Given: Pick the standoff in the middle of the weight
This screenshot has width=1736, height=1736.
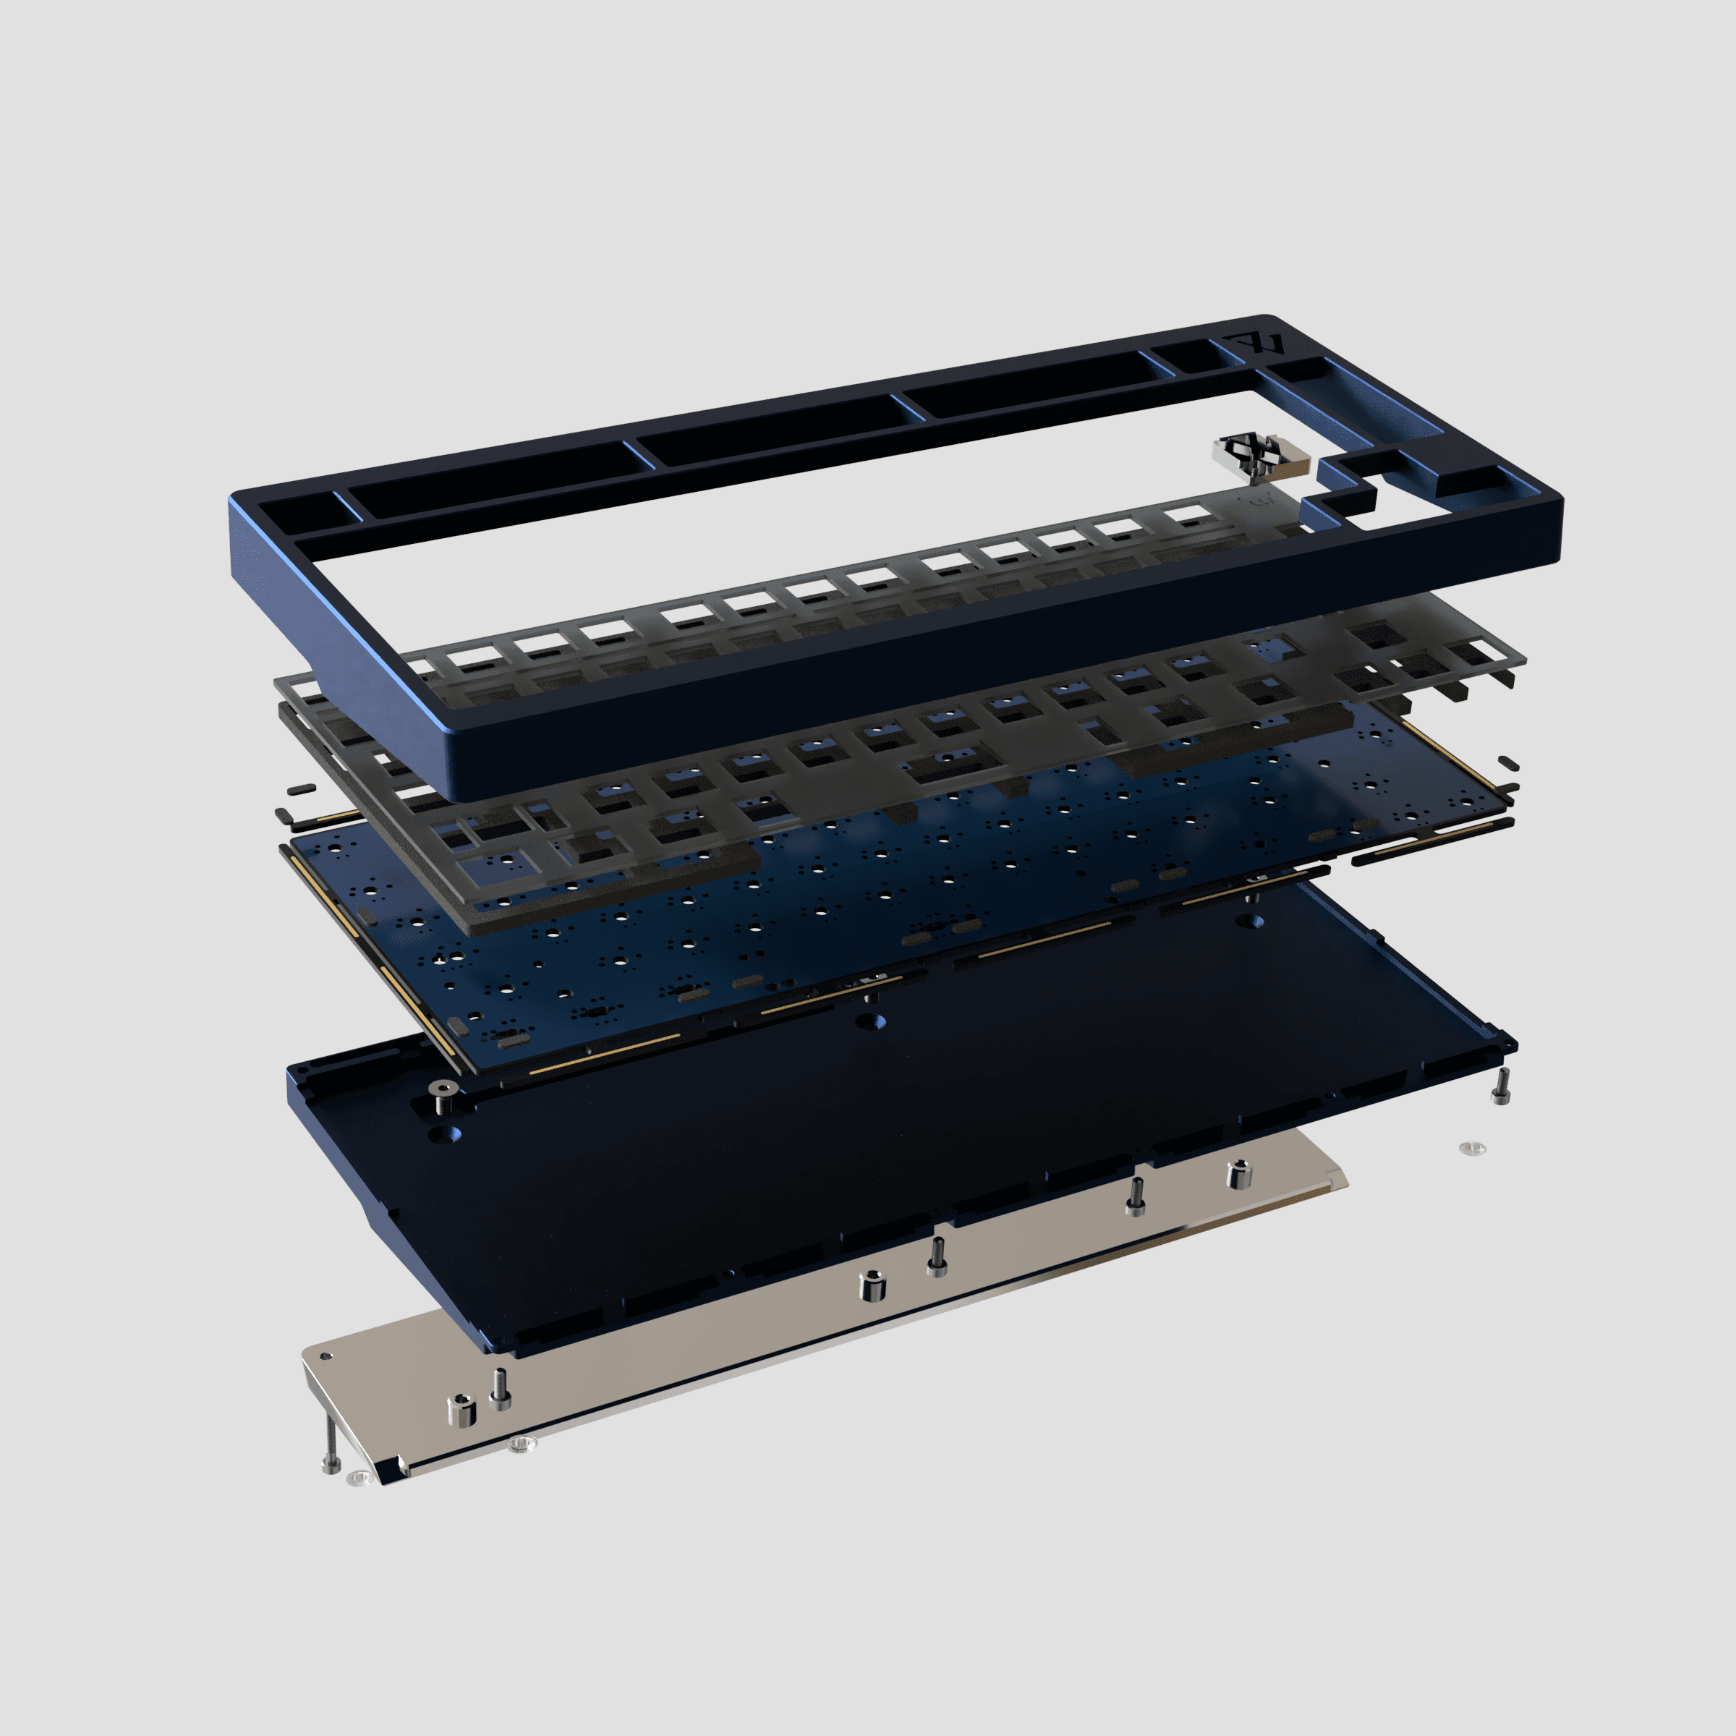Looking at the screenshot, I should click(x=872, y=1286).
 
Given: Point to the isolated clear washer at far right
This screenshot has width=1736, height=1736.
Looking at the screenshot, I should click(x=1472, y=1149).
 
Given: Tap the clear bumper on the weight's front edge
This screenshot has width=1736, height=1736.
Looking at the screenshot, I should click(x=521, y=1444).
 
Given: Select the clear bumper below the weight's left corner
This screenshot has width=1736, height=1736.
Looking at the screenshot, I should click(x=359, y=1477).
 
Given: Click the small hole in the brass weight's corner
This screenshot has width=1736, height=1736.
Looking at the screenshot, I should click(x=326, y=1357).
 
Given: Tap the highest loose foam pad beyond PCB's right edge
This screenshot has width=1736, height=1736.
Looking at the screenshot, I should click(x=1509, y=764).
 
